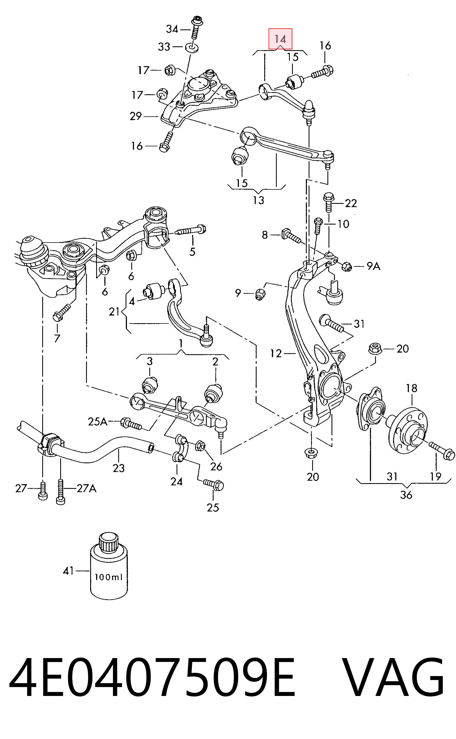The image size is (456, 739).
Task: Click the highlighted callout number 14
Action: (x=280, y=39)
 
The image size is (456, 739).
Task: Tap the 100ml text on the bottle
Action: (x=109, y=577)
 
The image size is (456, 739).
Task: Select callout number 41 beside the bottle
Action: (x=68, y=571)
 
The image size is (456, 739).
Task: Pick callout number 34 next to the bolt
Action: (x=172, y=29)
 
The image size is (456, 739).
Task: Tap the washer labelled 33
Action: (x=192, y=47)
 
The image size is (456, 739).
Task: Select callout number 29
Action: (x=136, y=116)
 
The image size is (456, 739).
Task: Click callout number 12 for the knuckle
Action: (x=276, y=353)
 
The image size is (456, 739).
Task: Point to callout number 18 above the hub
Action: (x=412, y=388)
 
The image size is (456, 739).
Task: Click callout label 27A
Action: (x=87, y=488)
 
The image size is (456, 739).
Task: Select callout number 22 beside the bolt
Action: (x=351, y=203)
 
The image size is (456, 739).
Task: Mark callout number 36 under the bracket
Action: (x=406, y=495)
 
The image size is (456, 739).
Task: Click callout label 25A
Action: (x=98, y=421)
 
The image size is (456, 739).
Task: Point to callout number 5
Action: (x=192, y=251)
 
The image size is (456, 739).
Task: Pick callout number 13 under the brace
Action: (x=259, y=200)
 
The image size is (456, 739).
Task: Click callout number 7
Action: (x=57, y=338)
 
